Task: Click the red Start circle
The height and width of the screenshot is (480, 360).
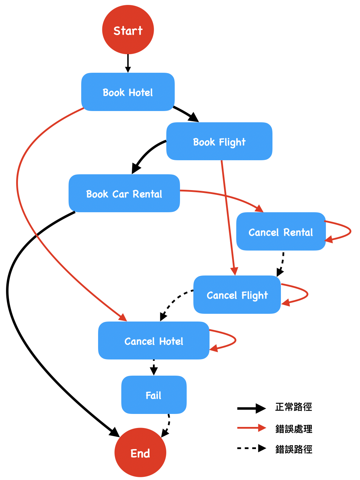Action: (128, 30)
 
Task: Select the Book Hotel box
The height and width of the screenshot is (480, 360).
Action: (128, 92)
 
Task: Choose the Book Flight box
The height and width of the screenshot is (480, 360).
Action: (219, 141)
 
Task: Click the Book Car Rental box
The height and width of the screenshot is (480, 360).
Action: (124, 193)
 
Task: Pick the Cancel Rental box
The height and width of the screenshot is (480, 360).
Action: (281, 232)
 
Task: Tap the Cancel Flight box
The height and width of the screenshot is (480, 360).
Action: (237, 294)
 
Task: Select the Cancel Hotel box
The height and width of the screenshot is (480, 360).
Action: (154, 340)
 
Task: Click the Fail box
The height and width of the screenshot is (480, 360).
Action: (154, 395)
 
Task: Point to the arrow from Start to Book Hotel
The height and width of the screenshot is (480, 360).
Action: (128, 64)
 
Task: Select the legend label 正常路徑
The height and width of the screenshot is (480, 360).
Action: (294, 407)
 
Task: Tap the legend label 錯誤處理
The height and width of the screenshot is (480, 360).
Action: (294, 429)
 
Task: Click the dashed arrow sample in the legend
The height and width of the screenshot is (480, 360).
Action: (251, 448)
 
